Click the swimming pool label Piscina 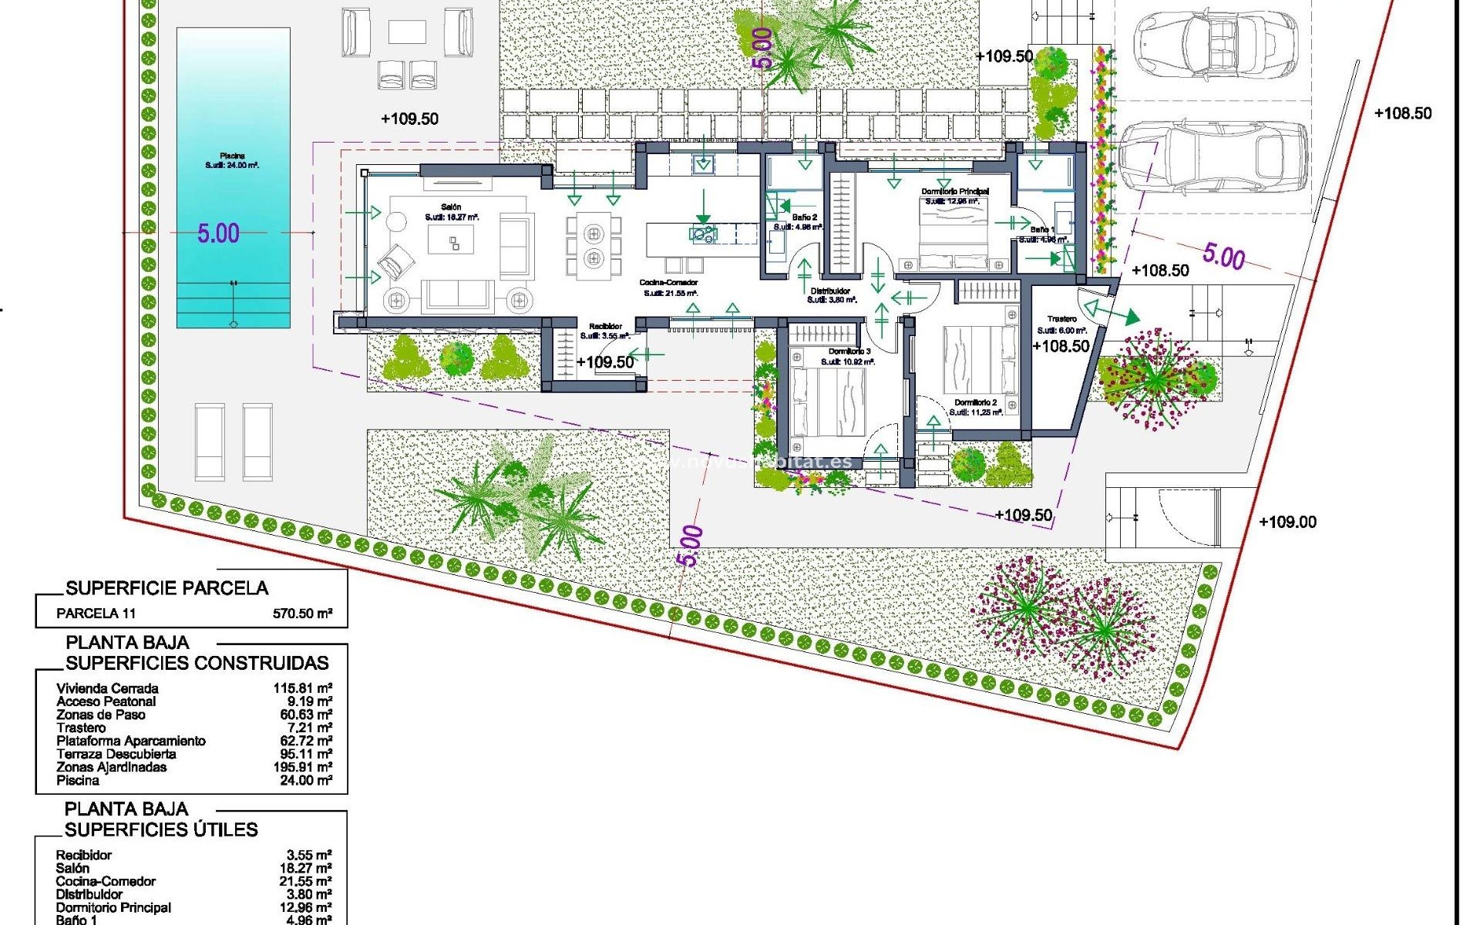coord(232,156)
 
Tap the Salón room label coord(451,207)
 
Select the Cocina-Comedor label coord(668,283)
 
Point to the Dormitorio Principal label coord(955,191)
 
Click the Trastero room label coord(1061,319)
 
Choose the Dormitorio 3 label coord(849,351)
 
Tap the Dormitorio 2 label coord(975,402)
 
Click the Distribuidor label coord(830,291)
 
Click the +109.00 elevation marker coord(1287,522)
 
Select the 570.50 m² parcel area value coord(302,614)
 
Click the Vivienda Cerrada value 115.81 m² coord(302,688)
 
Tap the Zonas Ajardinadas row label coord(111,767)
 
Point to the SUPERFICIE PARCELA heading coord(166,588)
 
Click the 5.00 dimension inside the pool coord(218,233)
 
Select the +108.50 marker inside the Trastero coord(1061,346)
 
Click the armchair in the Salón coord(395,261)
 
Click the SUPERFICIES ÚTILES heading coord(161,829)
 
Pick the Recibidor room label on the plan coord(605,327)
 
